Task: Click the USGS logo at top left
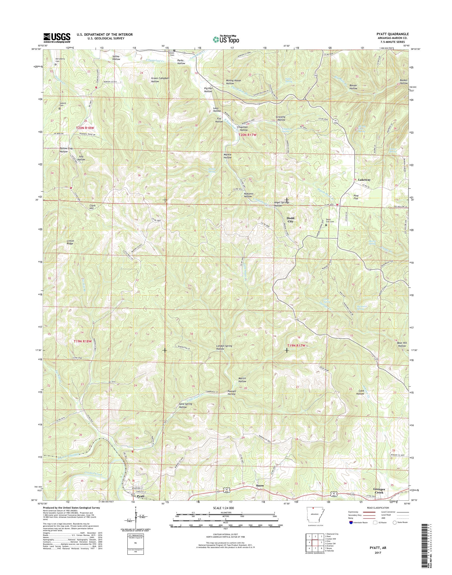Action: point(57,38)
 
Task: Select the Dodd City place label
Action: point(290,220)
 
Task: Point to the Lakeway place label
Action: point(364,180)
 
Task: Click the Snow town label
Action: point(260,486)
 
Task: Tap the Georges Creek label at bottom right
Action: point(380,491)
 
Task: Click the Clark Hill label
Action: point(92,207)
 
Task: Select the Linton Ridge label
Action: point(70,242)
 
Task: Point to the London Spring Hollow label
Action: point(225,347)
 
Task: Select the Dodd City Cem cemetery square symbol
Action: point(326,225)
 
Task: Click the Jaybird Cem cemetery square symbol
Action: point(60,108)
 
